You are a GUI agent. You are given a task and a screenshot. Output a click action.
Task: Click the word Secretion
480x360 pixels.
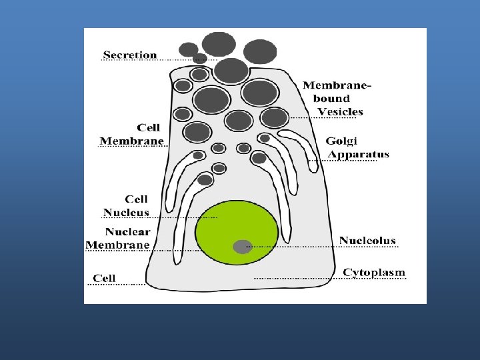coord(130,55)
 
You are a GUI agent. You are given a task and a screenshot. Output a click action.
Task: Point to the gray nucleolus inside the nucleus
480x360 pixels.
coord(242,246)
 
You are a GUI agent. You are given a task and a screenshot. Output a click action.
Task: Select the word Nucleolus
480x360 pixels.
coord(367,240)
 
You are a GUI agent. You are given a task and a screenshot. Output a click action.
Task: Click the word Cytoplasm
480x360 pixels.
coord(374,273)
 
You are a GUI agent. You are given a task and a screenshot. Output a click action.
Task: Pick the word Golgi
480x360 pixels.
coord(341,141)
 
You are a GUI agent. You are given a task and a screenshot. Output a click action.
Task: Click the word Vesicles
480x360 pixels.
coord(340,111)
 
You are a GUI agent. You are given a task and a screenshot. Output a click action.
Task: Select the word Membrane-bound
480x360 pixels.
coord(337,91)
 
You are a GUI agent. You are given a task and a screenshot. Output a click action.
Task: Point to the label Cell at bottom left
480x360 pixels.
coord(104,278)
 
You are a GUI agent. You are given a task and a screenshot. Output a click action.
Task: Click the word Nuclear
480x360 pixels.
coord(127,232)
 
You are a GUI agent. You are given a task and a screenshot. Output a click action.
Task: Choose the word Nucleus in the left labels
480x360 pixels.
coord(126,212)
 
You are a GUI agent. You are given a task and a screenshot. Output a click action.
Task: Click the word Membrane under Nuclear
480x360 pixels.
coord(118,245)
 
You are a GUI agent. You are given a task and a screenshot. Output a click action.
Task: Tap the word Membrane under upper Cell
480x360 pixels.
coord(132,141)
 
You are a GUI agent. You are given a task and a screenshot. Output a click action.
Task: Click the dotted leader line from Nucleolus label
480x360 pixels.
coord(320,247)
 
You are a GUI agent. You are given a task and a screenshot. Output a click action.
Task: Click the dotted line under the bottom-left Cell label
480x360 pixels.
coord(117,285)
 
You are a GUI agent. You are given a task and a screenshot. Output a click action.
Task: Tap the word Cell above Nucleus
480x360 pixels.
coord(137,199)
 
